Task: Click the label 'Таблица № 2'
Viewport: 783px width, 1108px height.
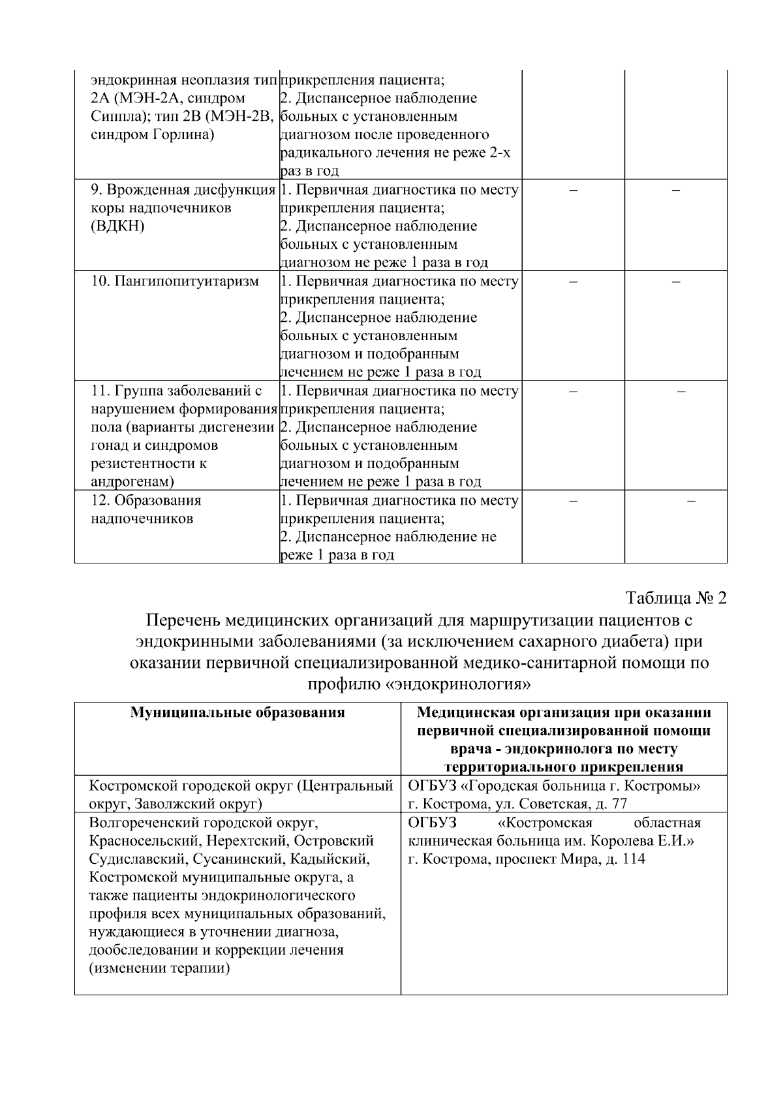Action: point(675,598)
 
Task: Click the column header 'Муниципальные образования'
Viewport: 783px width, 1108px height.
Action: point(238,712)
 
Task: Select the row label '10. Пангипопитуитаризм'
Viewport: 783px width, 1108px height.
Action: point(174,281)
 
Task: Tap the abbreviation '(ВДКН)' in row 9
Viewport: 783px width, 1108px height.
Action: point(117,227)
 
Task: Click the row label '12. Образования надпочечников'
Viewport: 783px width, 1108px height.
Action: point(146,509)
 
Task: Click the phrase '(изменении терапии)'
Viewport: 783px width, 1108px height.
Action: point(160,968)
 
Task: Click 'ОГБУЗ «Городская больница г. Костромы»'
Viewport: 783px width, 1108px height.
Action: point(554,785)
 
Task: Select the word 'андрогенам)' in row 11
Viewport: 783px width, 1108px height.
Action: point(132,482)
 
